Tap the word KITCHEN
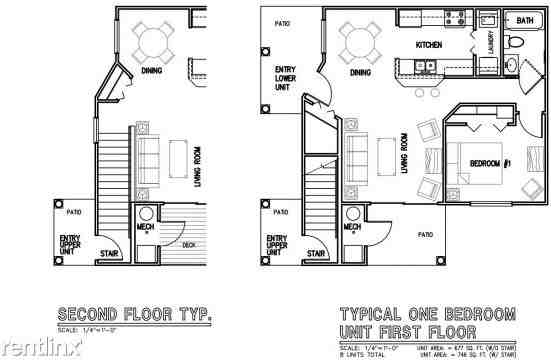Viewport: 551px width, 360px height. pos(430,46)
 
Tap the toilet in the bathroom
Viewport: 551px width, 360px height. pos(510,42)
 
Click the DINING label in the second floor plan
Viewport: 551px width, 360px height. pos(152,71)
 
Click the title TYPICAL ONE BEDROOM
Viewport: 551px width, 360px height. pos(427,314)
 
